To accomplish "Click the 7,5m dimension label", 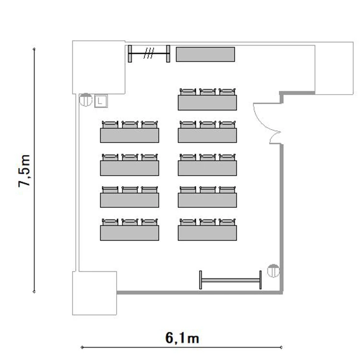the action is (x=24, y=171).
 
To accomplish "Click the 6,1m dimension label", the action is (x=182, y=338).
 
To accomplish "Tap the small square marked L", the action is (x=101, y=101).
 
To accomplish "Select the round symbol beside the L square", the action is (x=85, y=100).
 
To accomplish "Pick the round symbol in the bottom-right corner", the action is (x=274, y=271).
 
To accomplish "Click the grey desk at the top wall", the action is (x=205, y=54).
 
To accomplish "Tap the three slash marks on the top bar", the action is (x=149, y=53).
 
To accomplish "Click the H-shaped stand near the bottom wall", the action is (x=230, y=280).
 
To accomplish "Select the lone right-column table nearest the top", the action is (x=207, y=103).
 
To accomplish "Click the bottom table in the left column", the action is (x=130, y=233).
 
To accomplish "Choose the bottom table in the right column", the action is (x=207, y=233).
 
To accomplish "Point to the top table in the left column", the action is (x=130, y=135).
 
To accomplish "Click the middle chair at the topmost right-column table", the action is (x=207, y=92).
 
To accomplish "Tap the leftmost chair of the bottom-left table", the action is (x=110, y=222).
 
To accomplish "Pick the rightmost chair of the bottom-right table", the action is (x=228, y=222).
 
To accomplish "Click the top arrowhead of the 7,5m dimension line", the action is (x=34, y=49).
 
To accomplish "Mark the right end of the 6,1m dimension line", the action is (x=281, y=348).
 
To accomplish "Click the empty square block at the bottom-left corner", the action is (x=95, y=293).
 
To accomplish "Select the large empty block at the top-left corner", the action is (x=99, y=67).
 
